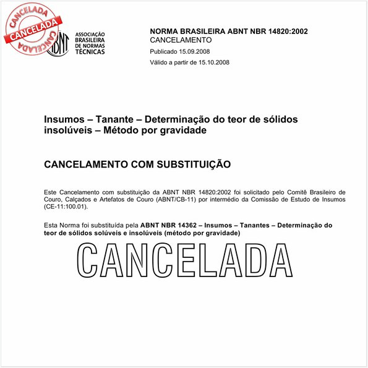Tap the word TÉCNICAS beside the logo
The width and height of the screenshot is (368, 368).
pyautogui.click(x=90, y=52)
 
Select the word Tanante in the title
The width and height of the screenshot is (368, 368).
pyautogui.click(x=116, y=119)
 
